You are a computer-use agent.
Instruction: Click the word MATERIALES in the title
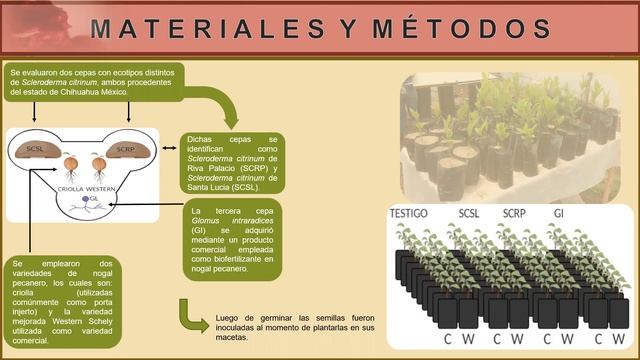coord(206,29)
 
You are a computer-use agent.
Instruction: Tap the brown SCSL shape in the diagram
coord(37,150)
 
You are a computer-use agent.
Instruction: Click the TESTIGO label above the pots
coord(414,214)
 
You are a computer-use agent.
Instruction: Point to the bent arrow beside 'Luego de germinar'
coord(193,318)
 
